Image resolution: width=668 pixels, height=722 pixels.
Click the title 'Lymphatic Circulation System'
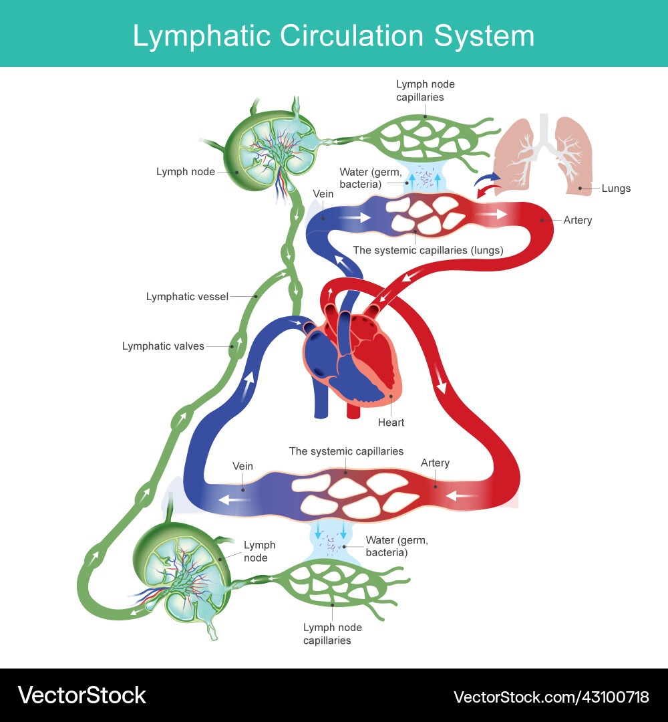(x=333, y=35)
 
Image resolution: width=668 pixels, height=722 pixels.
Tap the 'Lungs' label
(x=615, y=189)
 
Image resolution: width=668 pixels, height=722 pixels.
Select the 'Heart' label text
(x=391, y=423)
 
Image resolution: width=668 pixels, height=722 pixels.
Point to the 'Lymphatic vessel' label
(x=187, y=296)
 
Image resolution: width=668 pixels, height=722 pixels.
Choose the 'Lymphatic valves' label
(x=163, y=346)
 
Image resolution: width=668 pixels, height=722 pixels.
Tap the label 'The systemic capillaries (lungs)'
(x=428, y=250)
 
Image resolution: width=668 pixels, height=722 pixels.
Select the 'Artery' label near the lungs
(x=577, y=220)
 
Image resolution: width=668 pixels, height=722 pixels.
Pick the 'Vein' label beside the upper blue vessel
(x=323, y=194)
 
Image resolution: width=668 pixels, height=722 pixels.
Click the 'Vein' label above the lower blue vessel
(x=242, y=466)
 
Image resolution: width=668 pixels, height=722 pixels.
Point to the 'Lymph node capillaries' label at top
(x=426, y=90)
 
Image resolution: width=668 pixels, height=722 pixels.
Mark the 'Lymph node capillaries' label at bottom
(x=332, y=634)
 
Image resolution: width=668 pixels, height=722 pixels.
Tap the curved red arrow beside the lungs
(x=487, y=192)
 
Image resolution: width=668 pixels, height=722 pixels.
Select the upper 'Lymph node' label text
(x=186, y=172)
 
